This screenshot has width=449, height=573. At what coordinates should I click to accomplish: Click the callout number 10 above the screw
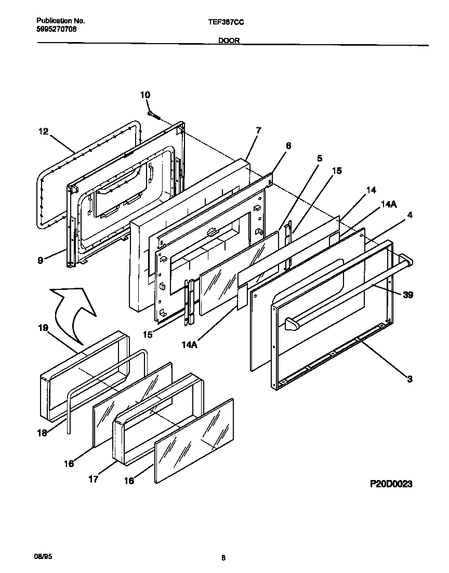[x=145, y=95]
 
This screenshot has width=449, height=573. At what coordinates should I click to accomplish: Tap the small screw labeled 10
[x=152, y=114]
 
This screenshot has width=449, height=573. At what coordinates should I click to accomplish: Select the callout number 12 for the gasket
[x=43, y=132]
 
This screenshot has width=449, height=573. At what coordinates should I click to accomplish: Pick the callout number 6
[x=288, y=146]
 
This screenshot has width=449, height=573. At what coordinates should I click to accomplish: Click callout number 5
[x=320, y=157]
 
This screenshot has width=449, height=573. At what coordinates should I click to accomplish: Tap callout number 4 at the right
[x=411, y=215]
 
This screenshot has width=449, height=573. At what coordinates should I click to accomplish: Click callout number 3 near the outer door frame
[x=410, y=379]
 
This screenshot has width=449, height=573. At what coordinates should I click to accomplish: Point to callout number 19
[x=43, y=328]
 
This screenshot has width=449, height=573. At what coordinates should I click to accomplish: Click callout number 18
[x=43, y=433]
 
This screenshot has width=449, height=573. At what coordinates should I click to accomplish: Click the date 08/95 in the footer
[x=44, y=556]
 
